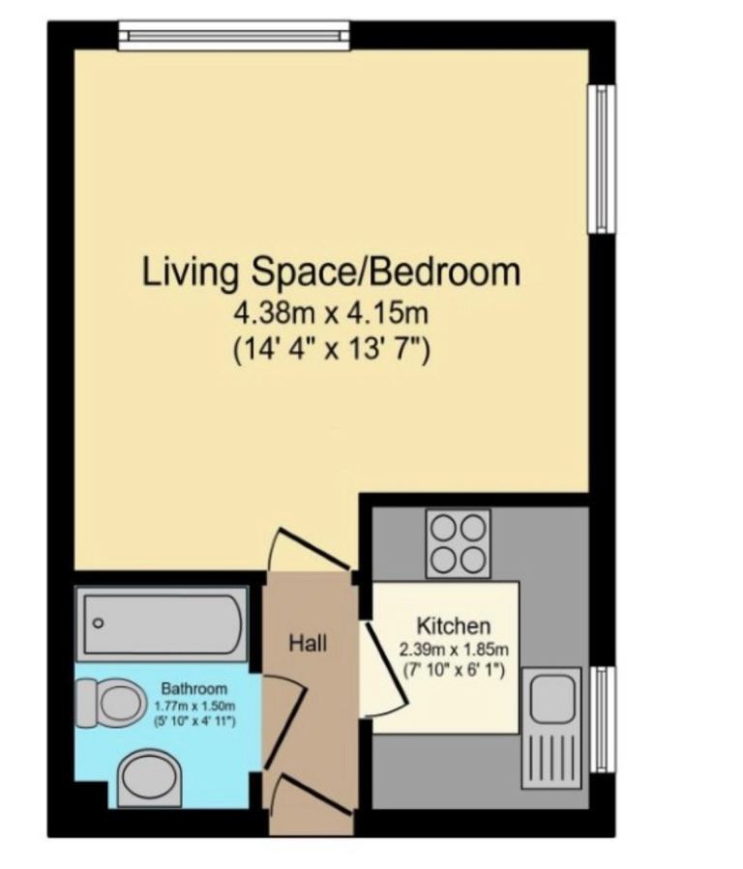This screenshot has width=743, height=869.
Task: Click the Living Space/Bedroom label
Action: (331, 272)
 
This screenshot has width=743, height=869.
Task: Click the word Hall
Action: (309, 643)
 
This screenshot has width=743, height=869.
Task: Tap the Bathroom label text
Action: (193, 689)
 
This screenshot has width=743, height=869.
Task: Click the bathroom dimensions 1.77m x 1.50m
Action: (193, 706)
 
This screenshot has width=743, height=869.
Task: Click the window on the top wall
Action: (233, 37)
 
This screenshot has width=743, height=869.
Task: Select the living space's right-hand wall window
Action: (602, 159)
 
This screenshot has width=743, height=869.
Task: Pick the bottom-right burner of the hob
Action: (472, 559)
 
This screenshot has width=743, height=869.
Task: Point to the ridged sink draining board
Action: (551, 756)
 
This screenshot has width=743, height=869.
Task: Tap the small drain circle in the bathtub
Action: (98, 623)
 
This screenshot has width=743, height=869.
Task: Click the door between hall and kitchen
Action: (379, 667)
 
